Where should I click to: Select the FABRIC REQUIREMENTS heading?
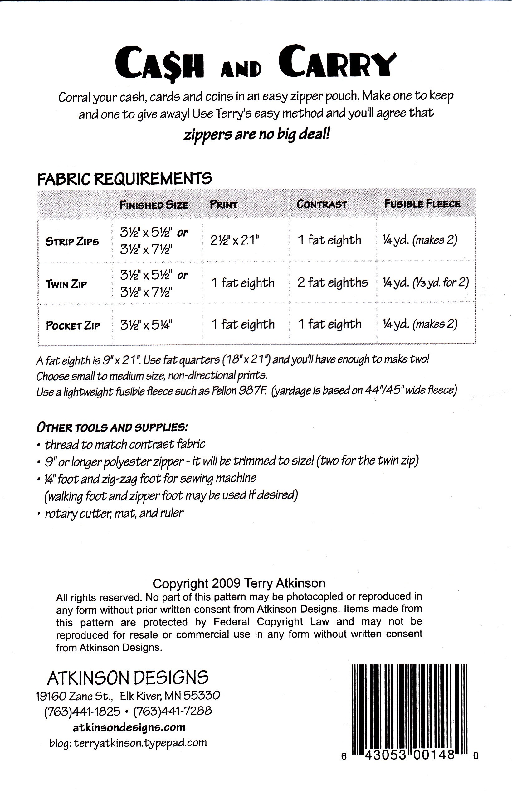point(124,179)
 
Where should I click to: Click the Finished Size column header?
point(154,205)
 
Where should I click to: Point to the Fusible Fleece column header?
point(422,204)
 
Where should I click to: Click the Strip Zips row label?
point(72,241)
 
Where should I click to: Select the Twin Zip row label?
point(66,284)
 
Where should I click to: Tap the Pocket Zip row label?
point(73,325)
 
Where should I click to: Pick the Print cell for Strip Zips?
point(234,240)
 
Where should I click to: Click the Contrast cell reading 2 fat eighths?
point(333,282)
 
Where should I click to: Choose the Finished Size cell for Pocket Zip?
point(146,325)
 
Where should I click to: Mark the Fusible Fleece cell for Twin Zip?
point(426,283)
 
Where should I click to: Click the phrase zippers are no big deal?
point(257,135)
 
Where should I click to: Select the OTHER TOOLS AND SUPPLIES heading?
point(112,427)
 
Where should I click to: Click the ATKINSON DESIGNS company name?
point(128,678)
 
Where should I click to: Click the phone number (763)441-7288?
point(173,711)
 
